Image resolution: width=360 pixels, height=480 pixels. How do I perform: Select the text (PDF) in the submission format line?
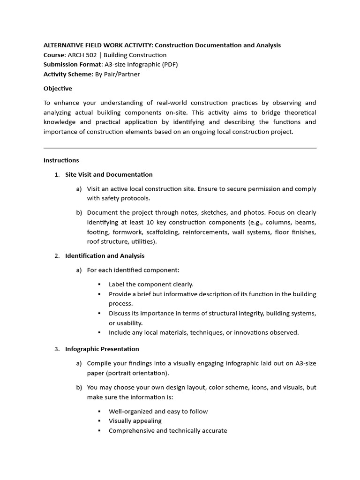pyautogui.click(x=168, y=64)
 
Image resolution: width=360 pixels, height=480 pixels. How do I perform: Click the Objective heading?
pyautogui.click(x=58, y=88)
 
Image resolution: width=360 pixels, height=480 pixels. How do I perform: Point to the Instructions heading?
pyautogui.click(x=61, y=160)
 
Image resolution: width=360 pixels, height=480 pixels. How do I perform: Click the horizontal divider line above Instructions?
pyautogui.click(x=180, y=148)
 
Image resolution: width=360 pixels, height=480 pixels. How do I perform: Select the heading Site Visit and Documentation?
pyautogui.click(x=109, y=174)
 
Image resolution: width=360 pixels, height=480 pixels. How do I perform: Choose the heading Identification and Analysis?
pyautogui.click(x=105, y=255)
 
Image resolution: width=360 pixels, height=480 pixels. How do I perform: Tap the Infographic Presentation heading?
pyautogui.click(x=102, y=349)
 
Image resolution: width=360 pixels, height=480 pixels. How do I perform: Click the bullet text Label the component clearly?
pyautogui.click(x=151, y=284)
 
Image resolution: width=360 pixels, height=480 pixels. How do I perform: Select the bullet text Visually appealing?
pyautogui.click(x=135, y=421)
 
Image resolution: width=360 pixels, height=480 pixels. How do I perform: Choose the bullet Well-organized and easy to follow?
pyautogui.click(x=158, y=411)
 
